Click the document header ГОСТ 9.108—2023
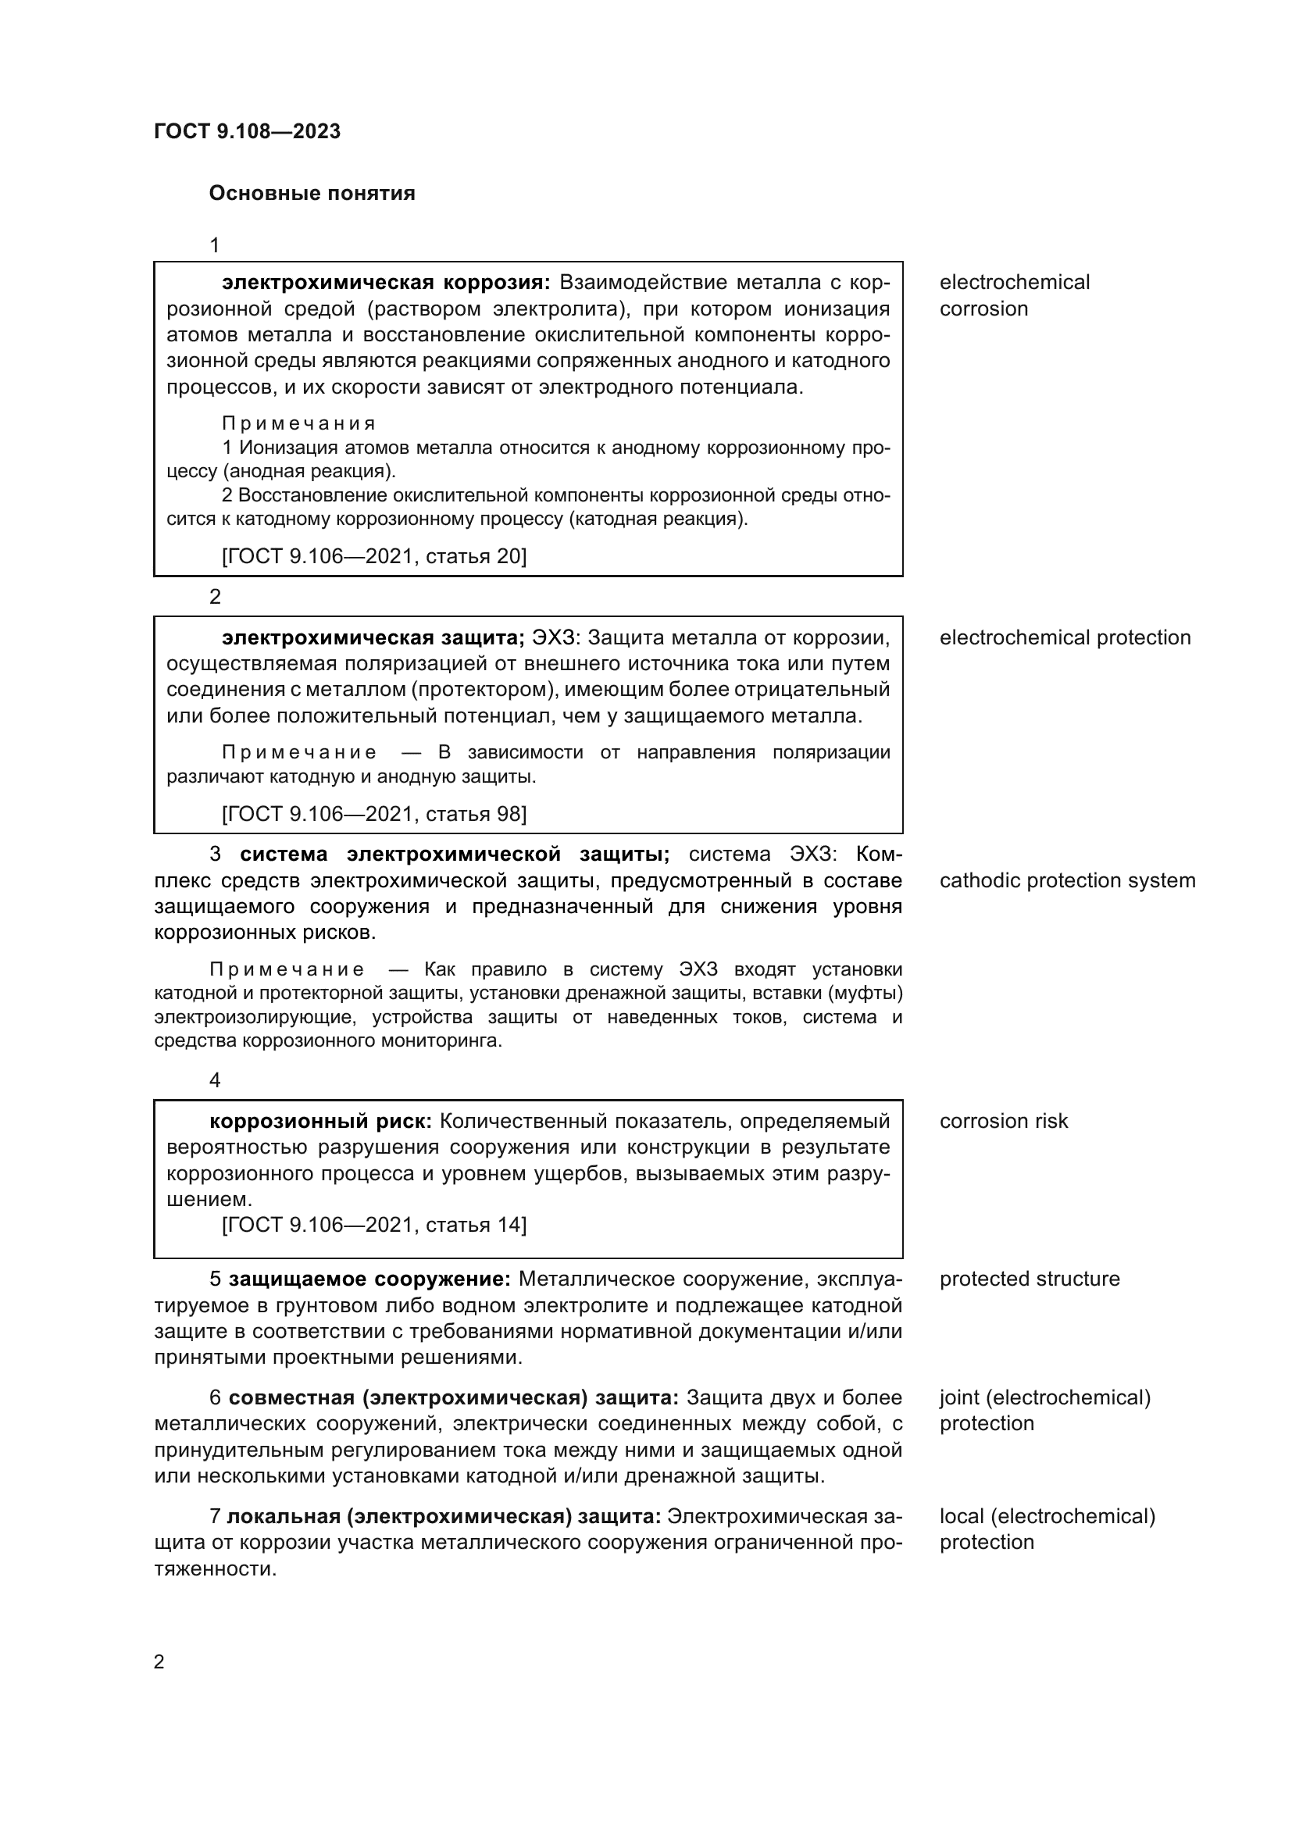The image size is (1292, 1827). click(x=247, y=131)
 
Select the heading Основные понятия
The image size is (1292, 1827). click(x=312, y=194)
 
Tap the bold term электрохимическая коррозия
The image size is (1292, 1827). click(x=385, y=283)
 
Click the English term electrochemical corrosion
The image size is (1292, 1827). click(x=1014, y=295)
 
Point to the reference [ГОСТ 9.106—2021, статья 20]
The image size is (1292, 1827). click(x=374, y=555)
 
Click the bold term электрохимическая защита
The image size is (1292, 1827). click(x=373, y=637)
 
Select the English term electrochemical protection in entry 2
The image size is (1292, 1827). click(x=1065, y=637)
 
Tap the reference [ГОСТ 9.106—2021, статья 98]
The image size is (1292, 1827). click(x=374, y=813)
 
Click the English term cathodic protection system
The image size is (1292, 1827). click(x=1067, y=880)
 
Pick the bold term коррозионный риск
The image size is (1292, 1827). click(x=319, y=1121)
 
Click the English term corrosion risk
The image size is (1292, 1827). click(x=1003, y=1121)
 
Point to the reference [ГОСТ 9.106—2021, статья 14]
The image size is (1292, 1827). click(x=374, y=1225)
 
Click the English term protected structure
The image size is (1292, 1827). click(x=1029, y=1279)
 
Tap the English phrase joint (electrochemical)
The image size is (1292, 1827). click(x=1044, y=1397)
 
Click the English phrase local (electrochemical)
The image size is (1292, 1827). click(x=1047, y=1516)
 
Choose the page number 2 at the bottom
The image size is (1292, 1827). click(x=159, y=1662)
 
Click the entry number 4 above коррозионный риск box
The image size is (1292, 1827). click(x=215, y=1080)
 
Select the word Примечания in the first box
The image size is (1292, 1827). click(x=298, y=423)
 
